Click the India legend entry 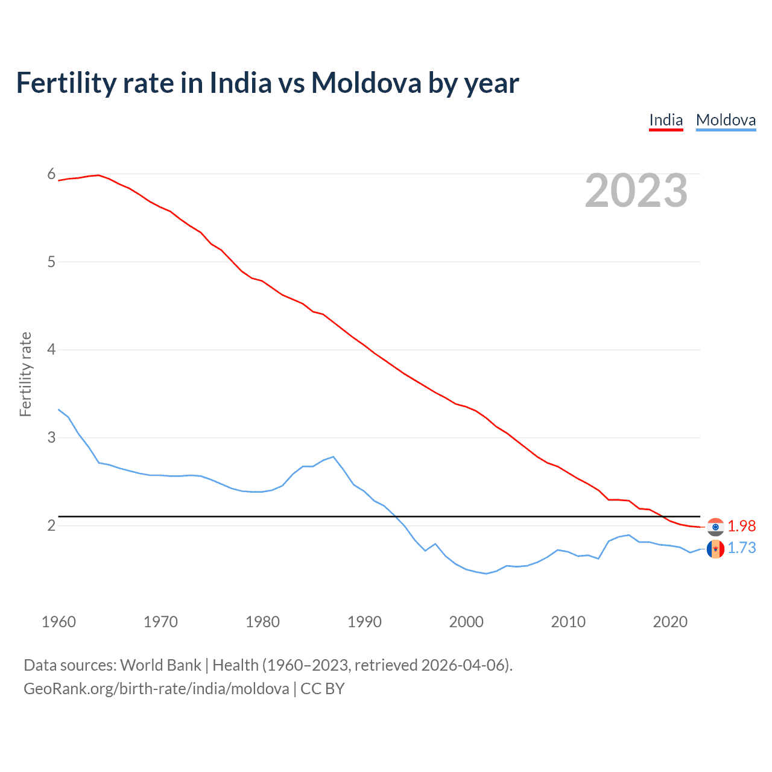tap(666, 120)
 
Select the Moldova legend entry tap(726, 120)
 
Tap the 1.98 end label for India tap(741, 526)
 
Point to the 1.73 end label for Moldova tap(741, 548)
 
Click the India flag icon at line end tap(715, 527)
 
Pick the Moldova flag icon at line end tap(715, 549)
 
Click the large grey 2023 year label tap(636, 191)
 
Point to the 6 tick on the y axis tap(51, 174)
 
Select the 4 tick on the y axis tap(51, 350)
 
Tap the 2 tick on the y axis tap(51, 525)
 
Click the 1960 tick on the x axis tap(59, 622)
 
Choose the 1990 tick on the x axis tap(364, 622)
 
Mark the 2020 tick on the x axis tap(670, 622)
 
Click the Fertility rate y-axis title tap(25, 374)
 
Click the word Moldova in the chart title tap(366, 83)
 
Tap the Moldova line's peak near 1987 tap(334, 457)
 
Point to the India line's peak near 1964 tap(99, 175)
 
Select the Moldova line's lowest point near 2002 tap(486, 574)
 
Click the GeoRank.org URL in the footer tap(156, 689)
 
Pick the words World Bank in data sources tap(160, 665)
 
